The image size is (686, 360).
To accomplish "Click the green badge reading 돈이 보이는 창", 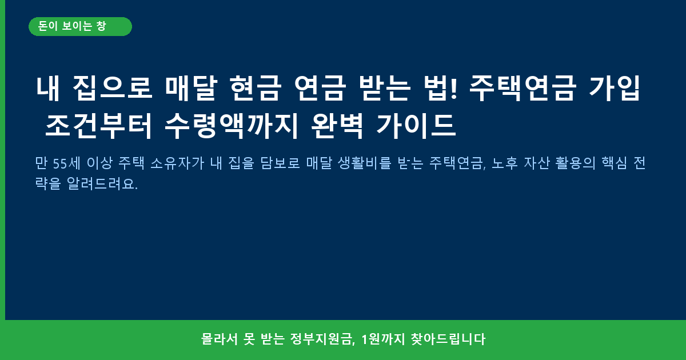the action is tap(80, 27).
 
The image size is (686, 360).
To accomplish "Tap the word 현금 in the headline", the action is tap(256, 88).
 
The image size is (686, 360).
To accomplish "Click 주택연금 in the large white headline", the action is tap(523, 88).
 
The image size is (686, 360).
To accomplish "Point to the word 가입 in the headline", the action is tap(615, 88).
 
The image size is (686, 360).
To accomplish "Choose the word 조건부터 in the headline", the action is tap(98, 126).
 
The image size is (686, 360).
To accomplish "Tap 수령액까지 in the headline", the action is tap(232, 126).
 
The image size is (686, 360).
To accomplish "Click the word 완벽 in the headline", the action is tap(337, 126).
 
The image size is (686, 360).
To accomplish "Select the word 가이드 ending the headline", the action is tap(416, 126).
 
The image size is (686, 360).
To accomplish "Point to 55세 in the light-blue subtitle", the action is tap(66, 163).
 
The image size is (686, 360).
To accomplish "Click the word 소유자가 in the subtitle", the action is tap(177, 163).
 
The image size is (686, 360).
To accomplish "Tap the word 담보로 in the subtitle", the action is tap(280, 163).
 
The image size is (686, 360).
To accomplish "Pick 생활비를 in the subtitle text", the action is tap(365, 163).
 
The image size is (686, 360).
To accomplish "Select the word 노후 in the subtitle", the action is tap(505, 163).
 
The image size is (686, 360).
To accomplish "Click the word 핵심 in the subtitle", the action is tap(615, 163).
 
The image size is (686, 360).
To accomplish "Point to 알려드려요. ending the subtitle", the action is tap(102, 183).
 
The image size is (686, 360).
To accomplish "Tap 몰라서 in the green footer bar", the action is tap(220, 339).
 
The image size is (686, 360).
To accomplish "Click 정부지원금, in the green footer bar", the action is tap(322, 339).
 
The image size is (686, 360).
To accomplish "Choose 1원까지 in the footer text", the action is tap(383, 339).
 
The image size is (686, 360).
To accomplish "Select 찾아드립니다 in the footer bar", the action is tap(448, 339).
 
